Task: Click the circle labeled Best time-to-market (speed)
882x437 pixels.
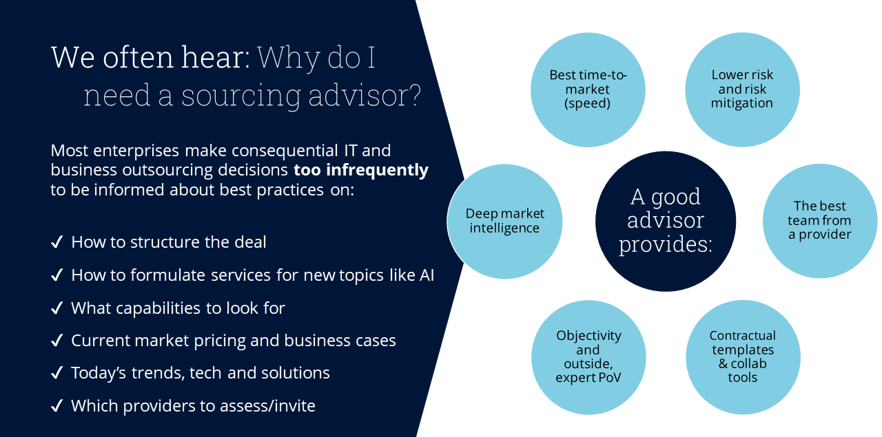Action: coord(588,89)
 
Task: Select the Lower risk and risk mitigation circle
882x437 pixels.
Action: coord(742,89)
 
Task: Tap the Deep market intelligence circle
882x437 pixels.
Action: coord(505,221)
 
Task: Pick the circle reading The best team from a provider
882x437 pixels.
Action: coord(820,220)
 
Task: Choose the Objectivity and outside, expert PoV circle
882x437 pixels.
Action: coord(588,356)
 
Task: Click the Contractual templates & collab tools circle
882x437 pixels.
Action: coord(742,356)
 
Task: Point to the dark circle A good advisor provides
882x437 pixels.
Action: coord(665,221)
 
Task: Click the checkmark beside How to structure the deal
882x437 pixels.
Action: coord(58,242)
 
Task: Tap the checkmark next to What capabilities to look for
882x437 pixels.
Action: coord(58,308)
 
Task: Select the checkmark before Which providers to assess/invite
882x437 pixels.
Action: coord(58,406)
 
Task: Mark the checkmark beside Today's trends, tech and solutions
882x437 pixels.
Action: coord(58,373)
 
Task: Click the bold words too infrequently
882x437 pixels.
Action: coord(361,170)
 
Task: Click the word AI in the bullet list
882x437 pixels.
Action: coord(427,275)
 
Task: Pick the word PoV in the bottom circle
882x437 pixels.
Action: coord(608,377)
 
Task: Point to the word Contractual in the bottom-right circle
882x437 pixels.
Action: coord(742,336)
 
